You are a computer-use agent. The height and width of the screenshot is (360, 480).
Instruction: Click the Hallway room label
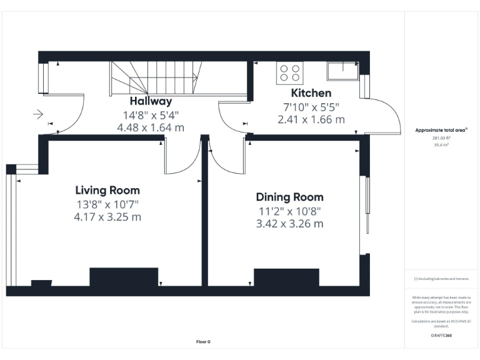pyautogui.click(x=151, y=101)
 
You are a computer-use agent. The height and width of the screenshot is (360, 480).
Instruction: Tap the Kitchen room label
pyautogui.click(x=307, y=93)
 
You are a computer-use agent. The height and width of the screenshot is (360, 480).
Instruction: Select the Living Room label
pyautogui.click(x=107, y=190)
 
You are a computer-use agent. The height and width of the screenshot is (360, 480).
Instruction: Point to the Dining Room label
pyautogui.click(x=289, y=197)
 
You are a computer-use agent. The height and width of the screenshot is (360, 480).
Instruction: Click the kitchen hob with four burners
pyautogui.click(x=289, y=72)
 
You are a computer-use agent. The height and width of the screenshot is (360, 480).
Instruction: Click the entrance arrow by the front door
pyautogui.click(x=38, y=114)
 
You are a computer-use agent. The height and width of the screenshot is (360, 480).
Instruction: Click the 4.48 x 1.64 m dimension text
pyautogui.click(x=151, y=127)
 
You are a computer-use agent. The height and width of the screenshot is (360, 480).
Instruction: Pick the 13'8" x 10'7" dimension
pyautogui.click(x=107, y=204)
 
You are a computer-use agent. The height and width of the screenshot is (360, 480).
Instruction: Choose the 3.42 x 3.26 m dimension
pyautogui.click(x=289, y=224)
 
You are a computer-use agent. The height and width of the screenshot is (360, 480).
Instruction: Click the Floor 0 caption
pyautogui.click(x=203, y=342)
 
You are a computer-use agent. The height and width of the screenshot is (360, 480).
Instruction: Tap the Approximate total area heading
pyautogui.click(x=441, y=130)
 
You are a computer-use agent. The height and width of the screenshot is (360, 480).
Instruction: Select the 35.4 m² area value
pyautogui.click(x=441, y=144)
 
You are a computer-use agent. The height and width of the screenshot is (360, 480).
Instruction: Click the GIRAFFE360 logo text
pyautogui.click(x=441, y=336)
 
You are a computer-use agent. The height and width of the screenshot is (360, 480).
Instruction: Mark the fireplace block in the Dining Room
pyautogui.click(x=277, y=277)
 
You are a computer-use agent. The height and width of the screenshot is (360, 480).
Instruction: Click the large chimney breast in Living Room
pyautogui.click(x=115, y=277)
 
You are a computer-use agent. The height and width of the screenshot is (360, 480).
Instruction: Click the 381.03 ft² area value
pyautogui.click(x=441, y=137)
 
